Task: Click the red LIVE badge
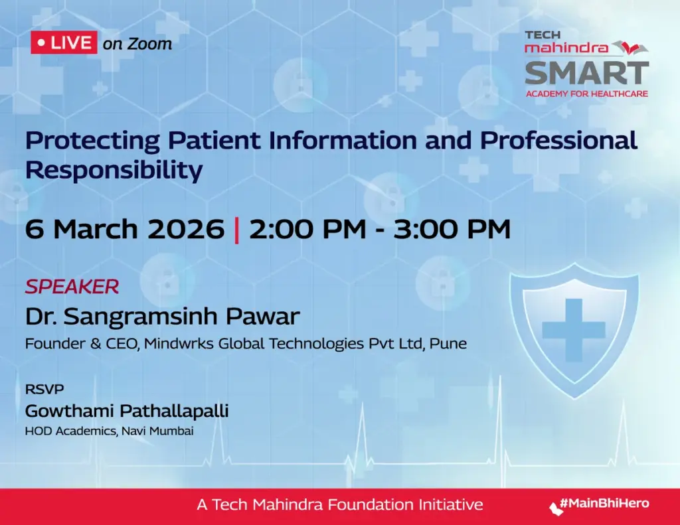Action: [x=64, y=43]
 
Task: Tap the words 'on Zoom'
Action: [x=137, y=44]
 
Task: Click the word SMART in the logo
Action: [x=586, y=72]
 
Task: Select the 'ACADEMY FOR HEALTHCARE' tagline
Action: [x=586, y=94]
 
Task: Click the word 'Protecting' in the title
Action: [x=92, y=141]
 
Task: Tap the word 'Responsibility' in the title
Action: [x=114, y=170]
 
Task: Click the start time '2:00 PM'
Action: [x=307, y=229]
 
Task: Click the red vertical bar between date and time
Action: [x=236, y=229]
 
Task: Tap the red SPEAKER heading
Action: [x=72, y=287]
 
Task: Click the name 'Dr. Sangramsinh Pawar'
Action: [x=162, y=316]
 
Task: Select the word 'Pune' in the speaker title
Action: [x=448, y=344]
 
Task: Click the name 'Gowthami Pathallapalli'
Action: [x=127, y=411]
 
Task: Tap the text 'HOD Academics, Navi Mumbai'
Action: [x=109, y=431]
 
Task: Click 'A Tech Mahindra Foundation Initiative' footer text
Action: [x=339, y=504]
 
